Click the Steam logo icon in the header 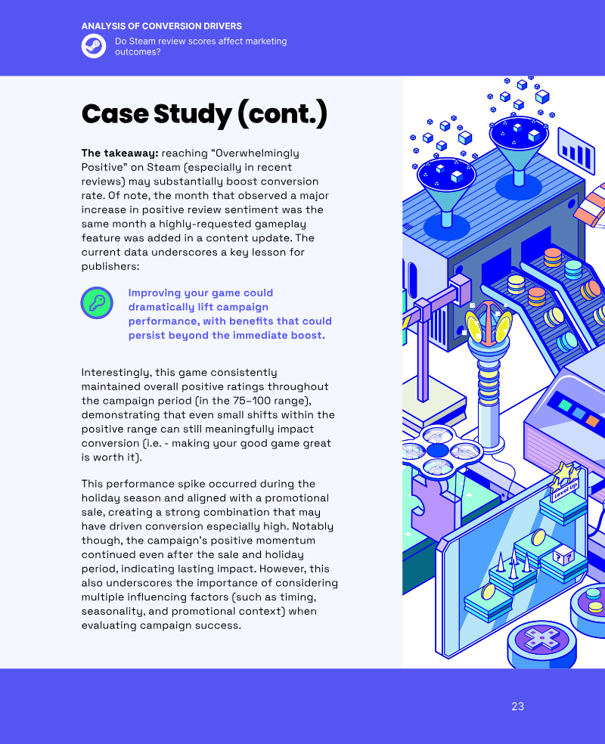tap(94, 46)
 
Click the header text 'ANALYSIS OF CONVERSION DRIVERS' tap(162, 26)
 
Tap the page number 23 tap(518, 706)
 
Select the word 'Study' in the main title tap(193, 114)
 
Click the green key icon tap(97, 302)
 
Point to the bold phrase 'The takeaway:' tap(119, 153)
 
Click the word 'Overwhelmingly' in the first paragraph tap(258, 153)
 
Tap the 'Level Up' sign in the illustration tap(566, 491)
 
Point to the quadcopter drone tap(439, 450)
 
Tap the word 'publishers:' tap(110, 267)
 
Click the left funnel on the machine tap(446, 195)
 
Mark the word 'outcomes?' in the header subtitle tap(138, 52)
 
